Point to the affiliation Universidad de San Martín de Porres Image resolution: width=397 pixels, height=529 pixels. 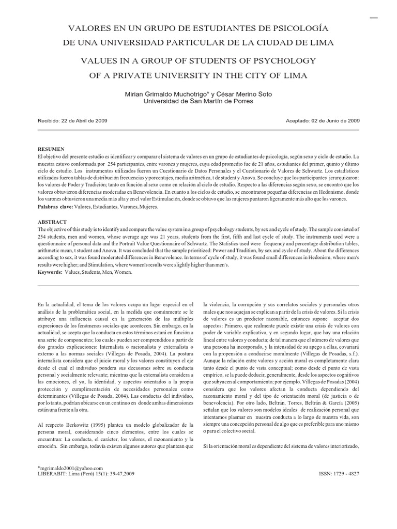pos(198,101)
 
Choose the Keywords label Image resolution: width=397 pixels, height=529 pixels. pos(50,271)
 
